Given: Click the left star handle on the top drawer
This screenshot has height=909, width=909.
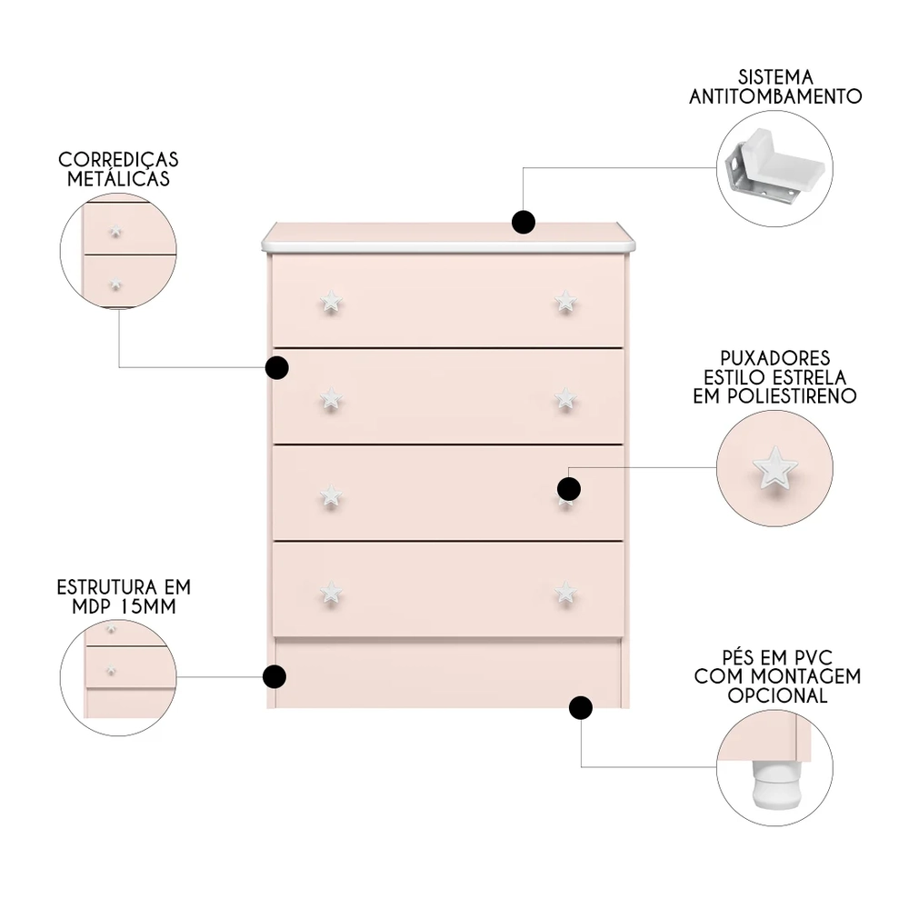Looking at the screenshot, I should (331, 303).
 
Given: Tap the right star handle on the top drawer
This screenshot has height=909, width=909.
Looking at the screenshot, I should (565, 301).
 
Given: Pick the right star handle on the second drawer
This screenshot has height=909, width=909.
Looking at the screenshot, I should (565, 396).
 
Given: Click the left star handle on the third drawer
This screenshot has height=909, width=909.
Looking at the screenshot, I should (331, 495).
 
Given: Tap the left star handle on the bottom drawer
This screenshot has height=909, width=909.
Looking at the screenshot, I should (331, 593).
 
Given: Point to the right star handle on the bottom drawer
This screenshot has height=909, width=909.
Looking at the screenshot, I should (565, 592).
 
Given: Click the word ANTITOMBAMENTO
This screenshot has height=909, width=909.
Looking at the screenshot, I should (775, 95).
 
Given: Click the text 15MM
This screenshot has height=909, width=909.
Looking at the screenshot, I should (149, 605).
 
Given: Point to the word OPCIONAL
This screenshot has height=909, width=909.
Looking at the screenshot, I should (776, 695).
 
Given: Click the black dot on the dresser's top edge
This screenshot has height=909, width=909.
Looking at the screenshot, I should (523, 222).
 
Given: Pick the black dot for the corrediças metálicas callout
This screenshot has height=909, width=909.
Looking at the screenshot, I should (276, 367).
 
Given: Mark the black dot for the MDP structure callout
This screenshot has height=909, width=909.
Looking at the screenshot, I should (275, 676).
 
